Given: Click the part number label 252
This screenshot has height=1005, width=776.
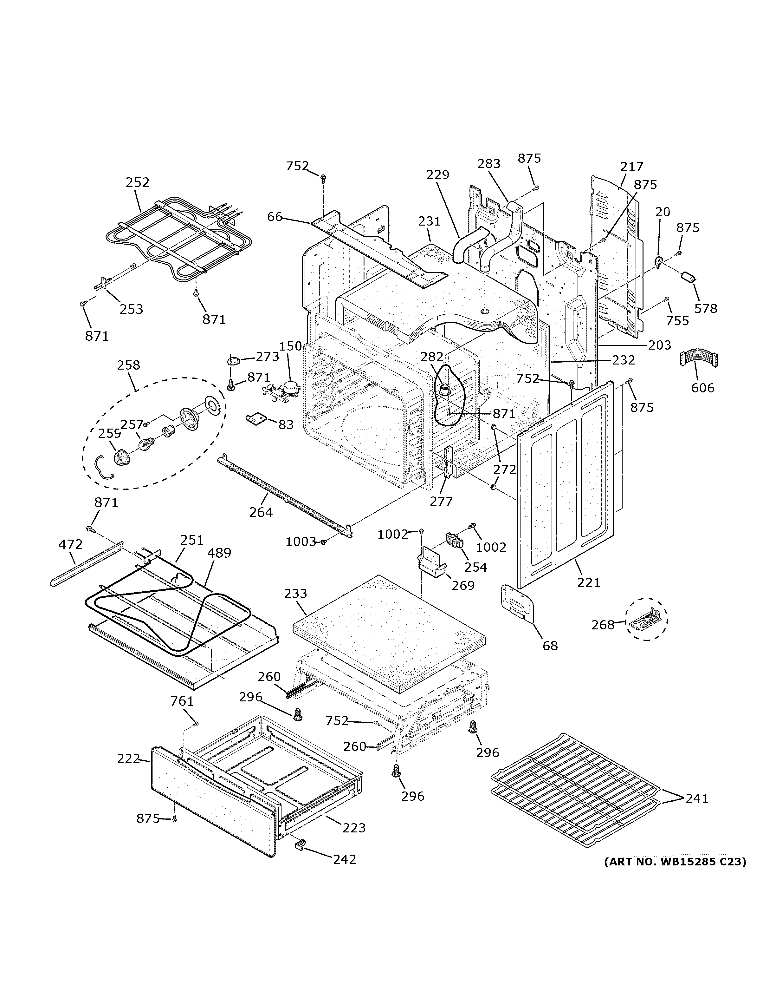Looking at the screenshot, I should (138, 183).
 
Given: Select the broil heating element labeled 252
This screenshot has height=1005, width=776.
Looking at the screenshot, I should (179, 239).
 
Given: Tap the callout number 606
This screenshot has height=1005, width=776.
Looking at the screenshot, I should (703, 388).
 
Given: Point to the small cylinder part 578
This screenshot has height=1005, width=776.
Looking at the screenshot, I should (688, 278).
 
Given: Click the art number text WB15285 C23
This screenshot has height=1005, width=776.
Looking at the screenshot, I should (675, 861).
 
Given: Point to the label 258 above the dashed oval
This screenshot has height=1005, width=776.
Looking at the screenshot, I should (128, 365).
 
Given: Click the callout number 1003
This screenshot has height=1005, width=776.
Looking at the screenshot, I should (301, 542).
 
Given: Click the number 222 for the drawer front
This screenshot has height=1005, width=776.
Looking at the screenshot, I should (128, 759).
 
